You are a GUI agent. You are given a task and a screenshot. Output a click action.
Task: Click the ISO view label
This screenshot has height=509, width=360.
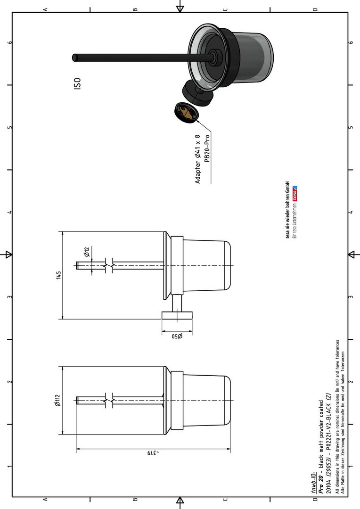pyautogui.click(x=77, y=83)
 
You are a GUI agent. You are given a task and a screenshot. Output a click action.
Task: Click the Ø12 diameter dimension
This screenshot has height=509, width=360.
pyautogui.click(x=87, y=252)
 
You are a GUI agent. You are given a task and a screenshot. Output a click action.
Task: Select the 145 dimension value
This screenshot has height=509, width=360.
pyautogui.click(x=59, y=275)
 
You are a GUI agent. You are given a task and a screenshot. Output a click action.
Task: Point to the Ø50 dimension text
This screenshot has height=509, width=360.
pyautogui.click(x=177, y=337)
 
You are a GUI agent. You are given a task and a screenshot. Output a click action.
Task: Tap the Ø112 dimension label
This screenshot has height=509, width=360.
pyautogui.click(x=58, y=400)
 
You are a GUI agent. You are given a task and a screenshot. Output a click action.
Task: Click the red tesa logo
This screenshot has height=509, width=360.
pyautogui.click(x=295, y=194)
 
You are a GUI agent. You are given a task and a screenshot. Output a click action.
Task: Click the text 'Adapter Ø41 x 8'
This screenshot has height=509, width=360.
pyautogui.click(x=198, y=159)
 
